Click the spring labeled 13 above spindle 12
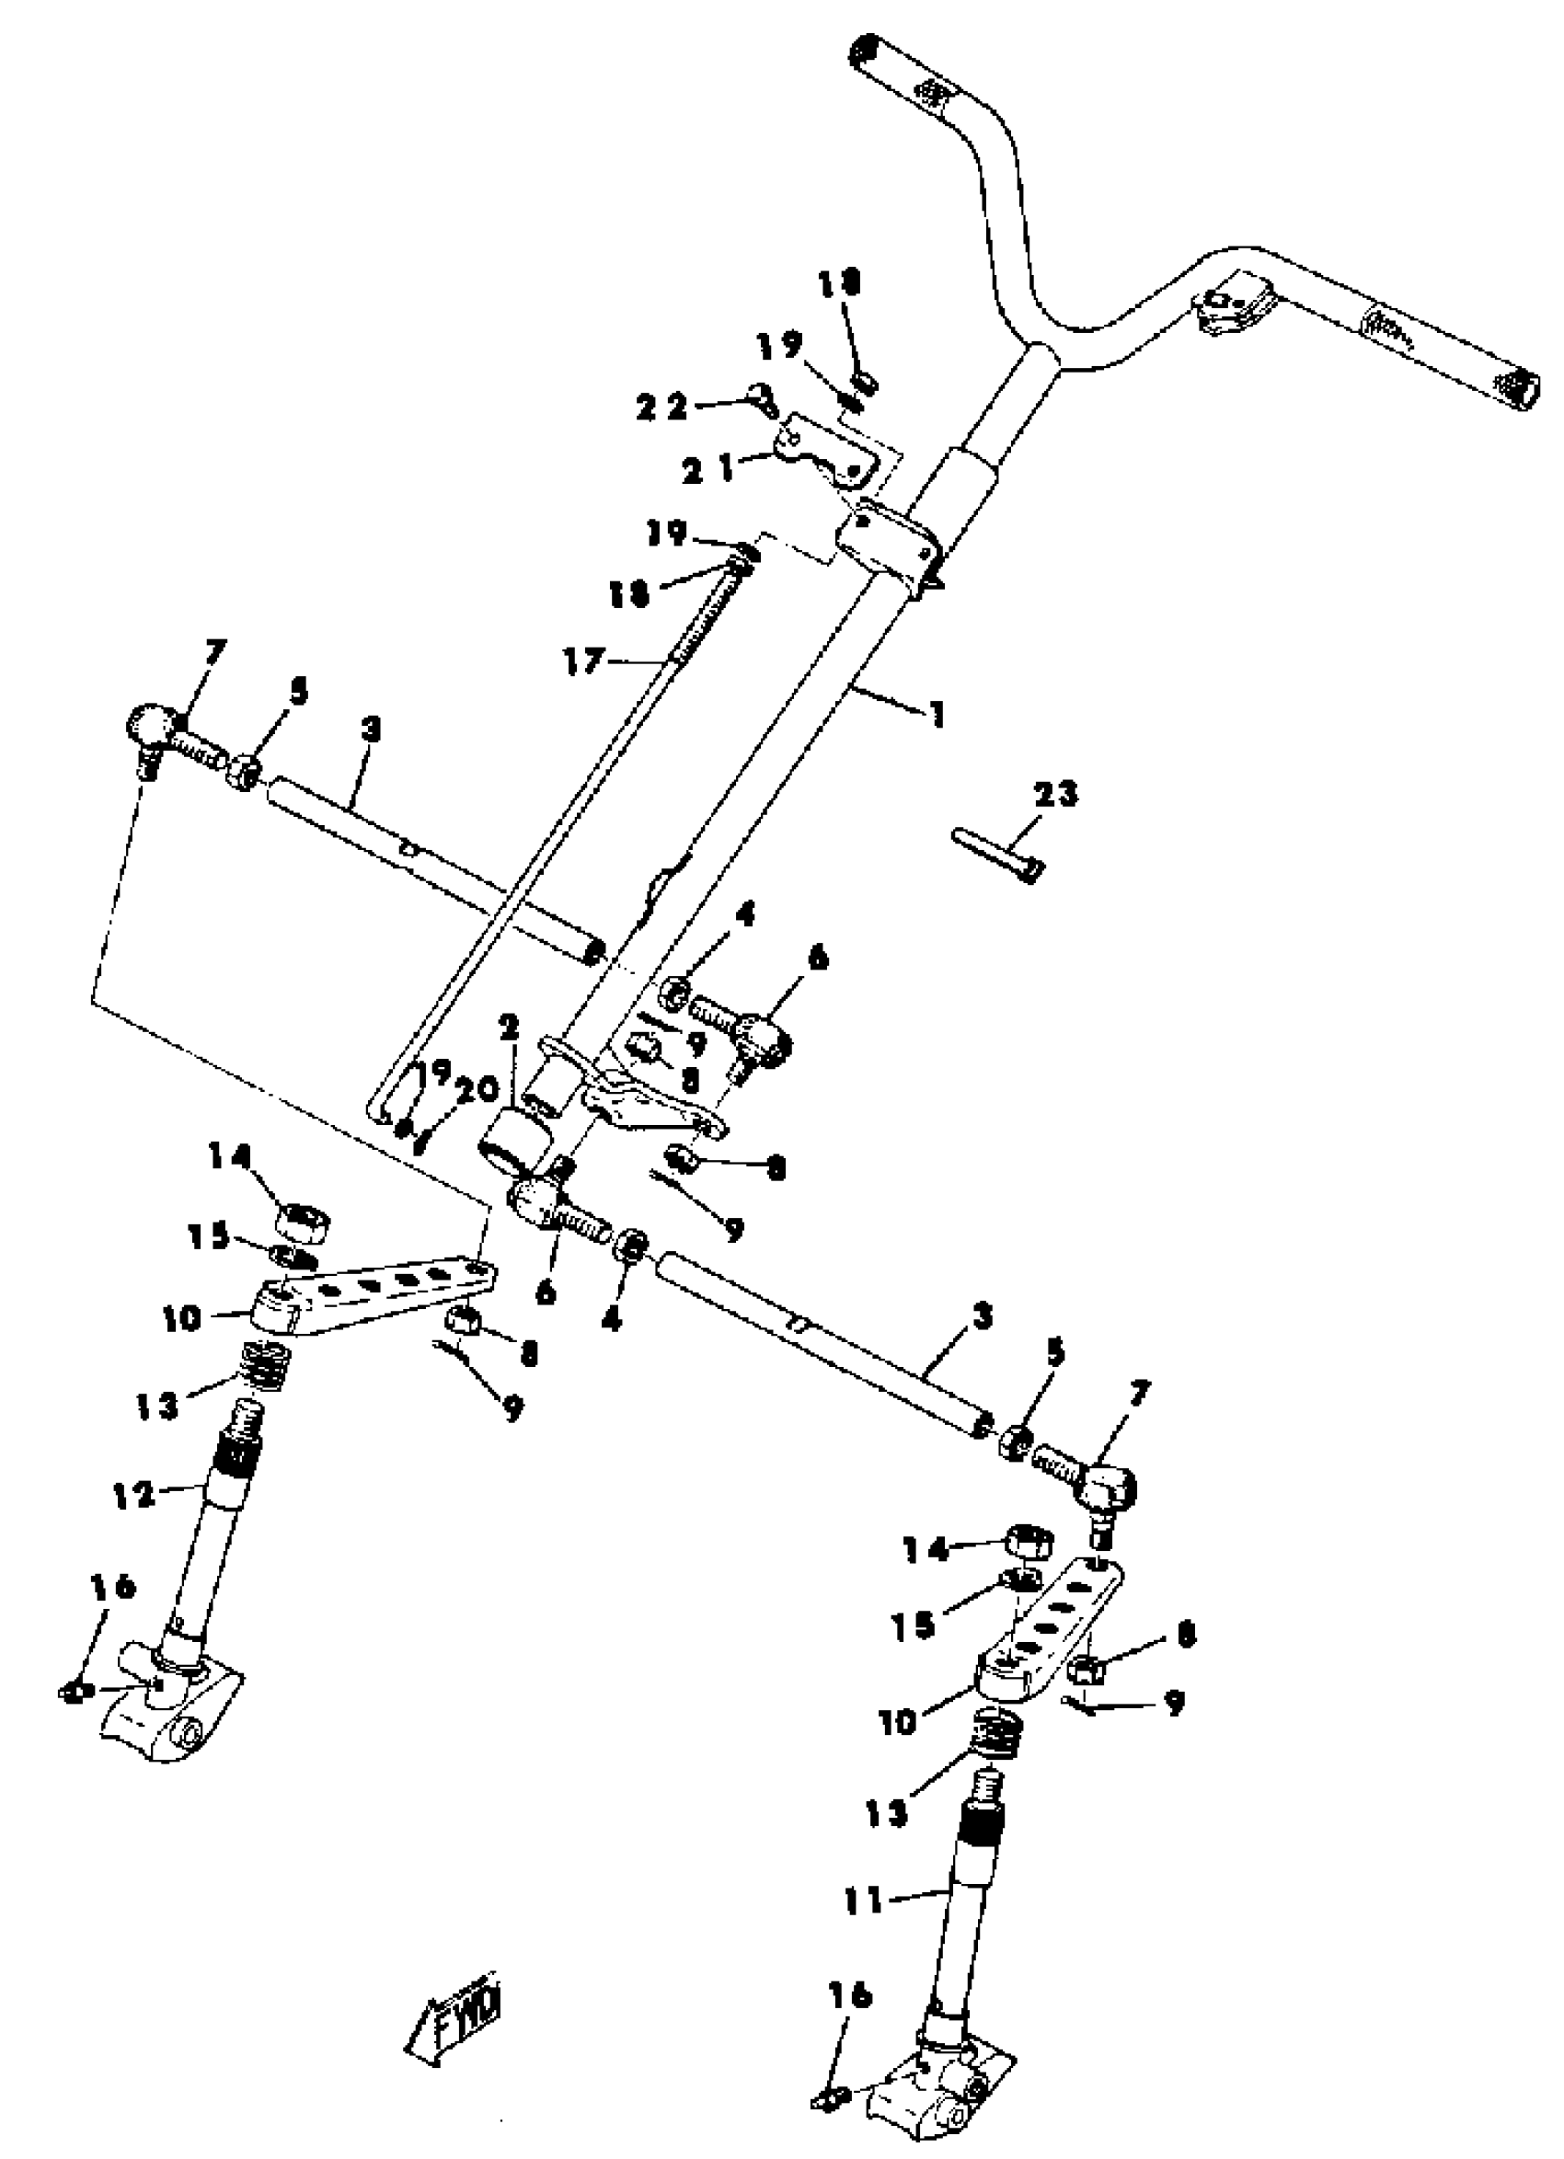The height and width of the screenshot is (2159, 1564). (264, 1365)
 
